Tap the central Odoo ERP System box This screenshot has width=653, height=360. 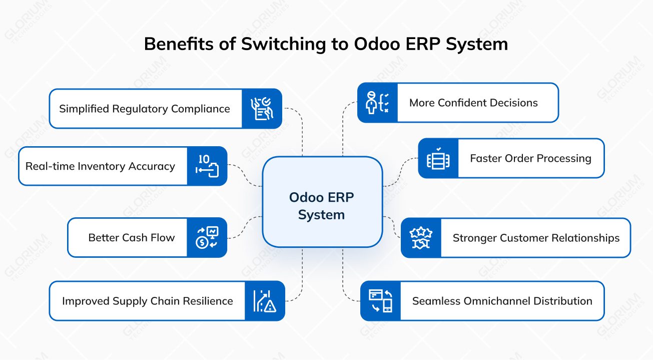pyautogui.click(x=322, y=201)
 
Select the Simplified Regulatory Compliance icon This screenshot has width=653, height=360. pyautogui.click(x=262, y=109)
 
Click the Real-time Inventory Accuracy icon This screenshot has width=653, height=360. pyautogui.click(x=207, y=166)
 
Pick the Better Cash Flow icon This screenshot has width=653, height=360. pyautogui.click(x=207, y=237)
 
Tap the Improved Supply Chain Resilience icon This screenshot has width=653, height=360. pyautogui.click(x=265, y=301)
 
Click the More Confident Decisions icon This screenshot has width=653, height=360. pyautogui.click(x=377, y=103)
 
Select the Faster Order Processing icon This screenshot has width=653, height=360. pyautogui.click(x=438, y=158)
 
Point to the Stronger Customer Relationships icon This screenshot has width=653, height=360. pyautogui.click(x=421, y=238)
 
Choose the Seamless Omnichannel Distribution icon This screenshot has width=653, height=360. pyautogui.click(x=381, y=301)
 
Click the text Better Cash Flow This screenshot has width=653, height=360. pyautogui.click(x=132, y=238)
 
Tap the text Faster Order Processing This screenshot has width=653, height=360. pyautogui.click(x=530, y=159)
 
